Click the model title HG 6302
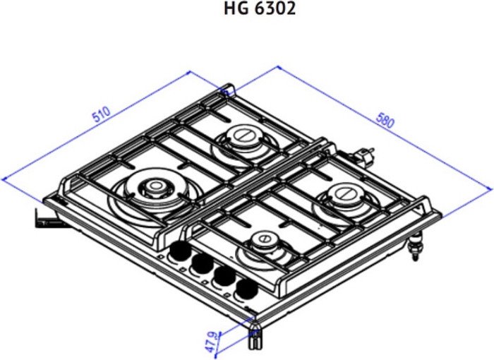click(260, 8)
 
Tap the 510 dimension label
click(102, 114)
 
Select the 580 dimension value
click(385, 120)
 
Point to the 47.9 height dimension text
click(212, 342)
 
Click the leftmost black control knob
click(181, 251)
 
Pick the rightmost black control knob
click(247, 289)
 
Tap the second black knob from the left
click(203, 263)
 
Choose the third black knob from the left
click(224, 276)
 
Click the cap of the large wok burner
click(155, 186)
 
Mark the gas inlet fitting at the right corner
click(415, 246)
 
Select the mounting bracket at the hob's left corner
click(47, 218)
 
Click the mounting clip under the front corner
click(255, 339)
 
